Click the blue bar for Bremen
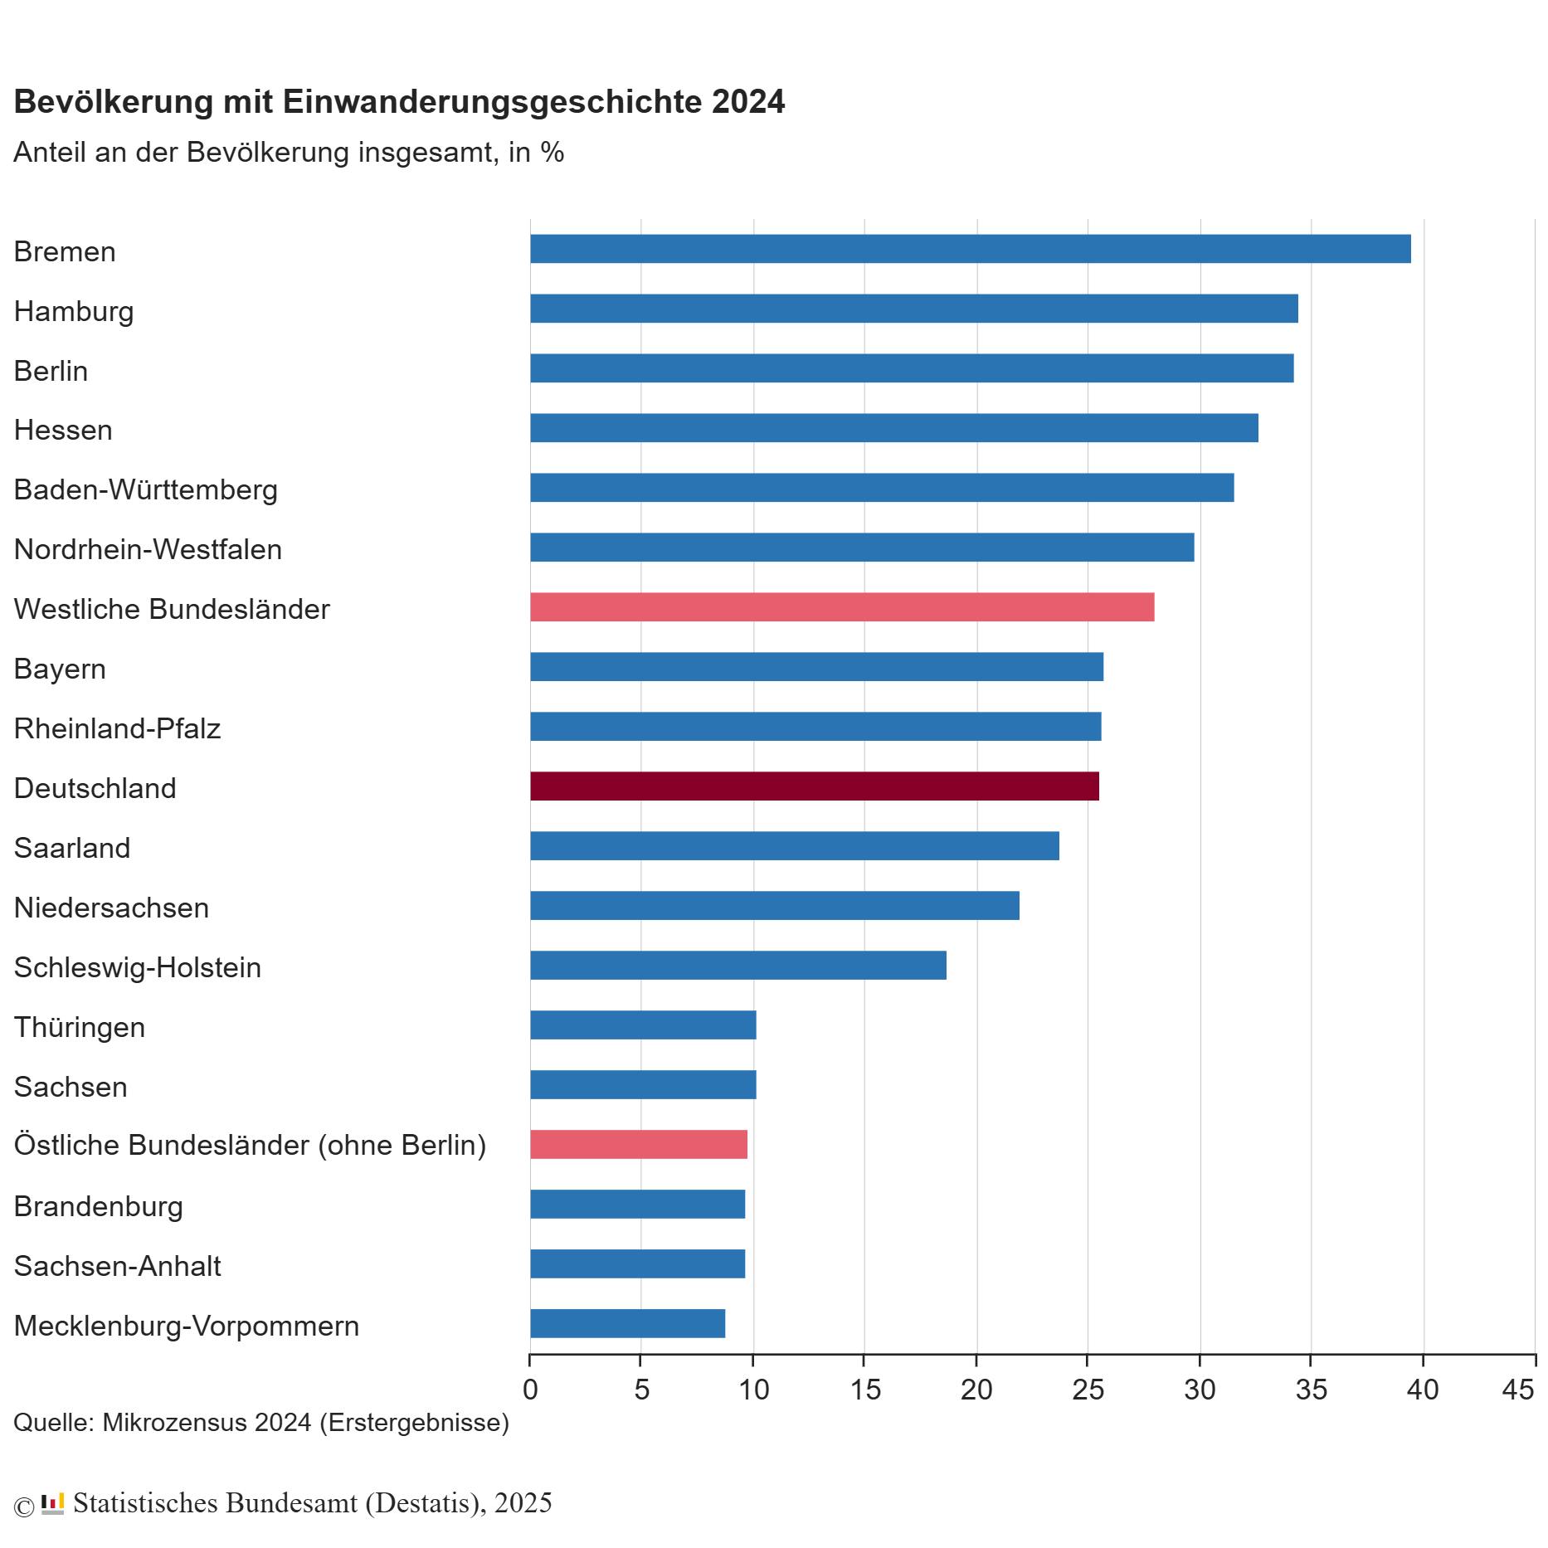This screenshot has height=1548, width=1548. point(970,249)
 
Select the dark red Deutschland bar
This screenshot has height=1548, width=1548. point(814,786)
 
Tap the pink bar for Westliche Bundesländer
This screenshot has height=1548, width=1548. point(841,607)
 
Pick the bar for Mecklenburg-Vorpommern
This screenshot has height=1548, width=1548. point(627,1323)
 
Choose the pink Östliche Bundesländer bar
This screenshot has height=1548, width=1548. point(638,1144)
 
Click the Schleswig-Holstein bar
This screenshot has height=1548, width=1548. point(737,965)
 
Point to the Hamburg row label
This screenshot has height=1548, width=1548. point(74,311)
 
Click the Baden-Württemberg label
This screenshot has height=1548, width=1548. point(145,489)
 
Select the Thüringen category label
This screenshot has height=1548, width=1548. point(79,1027)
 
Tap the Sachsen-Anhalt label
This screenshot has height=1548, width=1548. point(117,1266)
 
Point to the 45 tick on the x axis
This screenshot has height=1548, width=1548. point(1518,1389)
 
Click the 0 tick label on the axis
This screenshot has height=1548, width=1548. point(530,1389)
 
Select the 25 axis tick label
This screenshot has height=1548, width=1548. point(1088,1389)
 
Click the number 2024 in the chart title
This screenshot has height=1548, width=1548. point(748,101)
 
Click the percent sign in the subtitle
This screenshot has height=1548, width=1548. point(553,153)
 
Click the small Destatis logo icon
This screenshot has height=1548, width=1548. point(52,1503)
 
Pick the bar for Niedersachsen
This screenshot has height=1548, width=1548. point(774,905)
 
